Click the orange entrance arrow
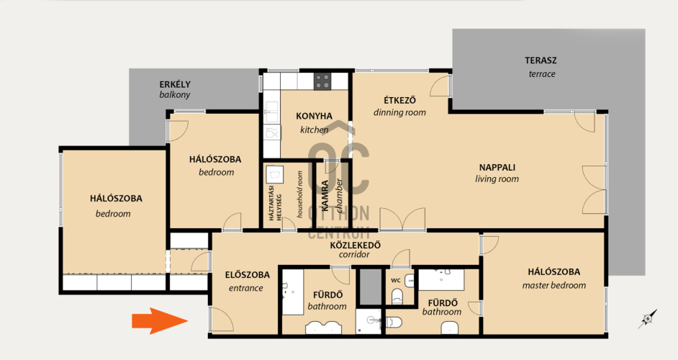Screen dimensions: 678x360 coord(160,321)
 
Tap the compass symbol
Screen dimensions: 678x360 coord(648,319)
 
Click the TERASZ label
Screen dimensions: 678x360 coord(541,60)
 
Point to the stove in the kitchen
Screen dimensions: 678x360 coord(322,81)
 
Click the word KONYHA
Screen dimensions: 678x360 coord(314,116)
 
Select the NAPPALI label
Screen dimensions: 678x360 coord(497,168)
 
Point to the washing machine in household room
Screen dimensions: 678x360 coord(274,174)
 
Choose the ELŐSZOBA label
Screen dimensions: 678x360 coord(247,275)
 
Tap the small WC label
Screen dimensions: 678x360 coord(396,280)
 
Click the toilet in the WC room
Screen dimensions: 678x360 coord(397,297)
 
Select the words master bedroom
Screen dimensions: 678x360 coord(554,286)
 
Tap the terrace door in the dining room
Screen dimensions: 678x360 coord(440,86)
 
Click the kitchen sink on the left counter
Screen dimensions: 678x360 coord(272,112)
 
